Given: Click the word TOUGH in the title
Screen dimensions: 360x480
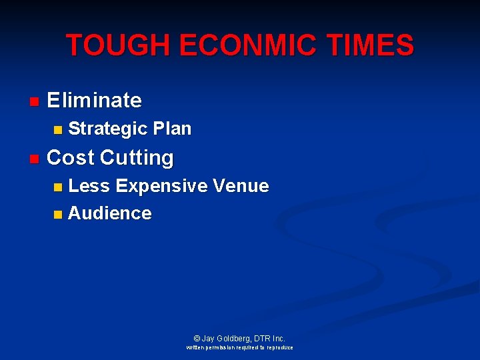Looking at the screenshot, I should (x=108, y=45).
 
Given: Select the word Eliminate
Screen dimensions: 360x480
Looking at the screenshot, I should (x=94, y=101).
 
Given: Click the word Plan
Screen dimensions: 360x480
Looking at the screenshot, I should (x=171, y=129).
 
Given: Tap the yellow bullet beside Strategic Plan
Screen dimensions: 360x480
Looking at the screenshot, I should (x=58, y=129).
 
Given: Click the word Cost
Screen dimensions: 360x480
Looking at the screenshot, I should (x=71, y=158).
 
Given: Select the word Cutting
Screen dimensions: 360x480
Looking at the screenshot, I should (x=137, y=159).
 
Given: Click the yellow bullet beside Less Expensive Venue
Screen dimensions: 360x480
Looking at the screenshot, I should (x=58, y=187).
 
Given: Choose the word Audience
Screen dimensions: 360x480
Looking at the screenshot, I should (x=110, y=213).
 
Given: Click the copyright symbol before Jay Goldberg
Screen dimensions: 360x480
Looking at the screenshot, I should (x=197, y=339).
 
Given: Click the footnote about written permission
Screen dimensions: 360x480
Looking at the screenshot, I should (x=239, y=348).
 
